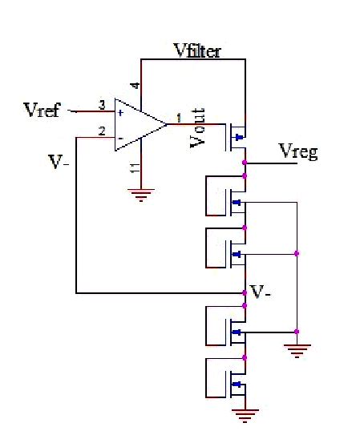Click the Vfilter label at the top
click(x=197, y=51)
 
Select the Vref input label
click(x=42, y=111)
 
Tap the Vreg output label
click(x=297, y=151)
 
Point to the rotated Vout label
click(x=200, y=126)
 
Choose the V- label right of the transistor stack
click(x=260, y=293)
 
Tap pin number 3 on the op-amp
click(x=101, y=105)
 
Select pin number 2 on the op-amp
click(x=101, y=131)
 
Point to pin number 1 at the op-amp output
click(x=178, y=118)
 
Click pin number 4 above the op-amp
click(x=135, y=86)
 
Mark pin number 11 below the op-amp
click(x=135, y=168)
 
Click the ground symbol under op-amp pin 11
click(x=141, y=195)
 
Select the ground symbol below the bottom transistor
click(x=245, y=414)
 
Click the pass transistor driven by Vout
click(x=237, y=137)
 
